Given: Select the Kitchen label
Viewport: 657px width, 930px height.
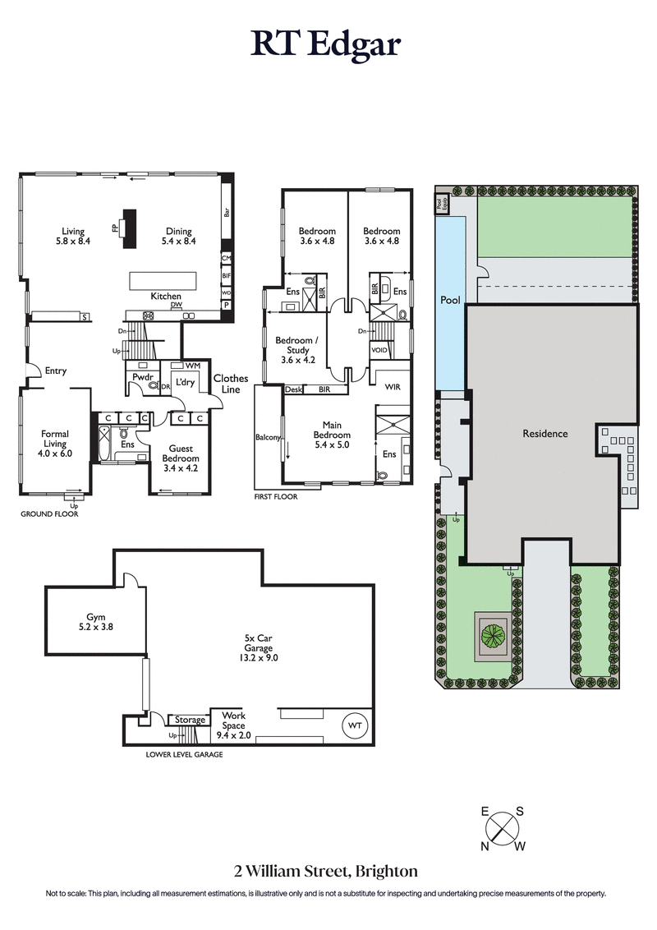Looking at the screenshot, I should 165,297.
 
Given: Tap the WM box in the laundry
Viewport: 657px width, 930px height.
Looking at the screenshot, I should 193,366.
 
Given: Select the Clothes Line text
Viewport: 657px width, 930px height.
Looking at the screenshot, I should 231,384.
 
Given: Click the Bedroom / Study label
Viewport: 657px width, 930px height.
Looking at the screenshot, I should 293,350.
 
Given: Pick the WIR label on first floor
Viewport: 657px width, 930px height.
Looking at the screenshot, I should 393,387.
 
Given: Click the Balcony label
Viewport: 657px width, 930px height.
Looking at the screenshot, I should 269,437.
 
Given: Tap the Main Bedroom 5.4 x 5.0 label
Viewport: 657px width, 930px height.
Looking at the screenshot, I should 332,435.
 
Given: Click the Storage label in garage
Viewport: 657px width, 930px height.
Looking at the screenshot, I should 190,721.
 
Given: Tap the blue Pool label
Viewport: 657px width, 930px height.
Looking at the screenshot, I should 449,301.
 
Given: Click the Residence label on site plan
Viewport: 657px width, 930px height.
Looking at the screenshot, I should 545,433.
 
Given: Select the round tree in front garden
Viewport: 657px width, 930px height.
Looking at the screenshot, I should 492,635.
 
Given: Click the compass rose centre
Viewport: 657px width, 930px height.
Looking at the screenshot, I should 503,829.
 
